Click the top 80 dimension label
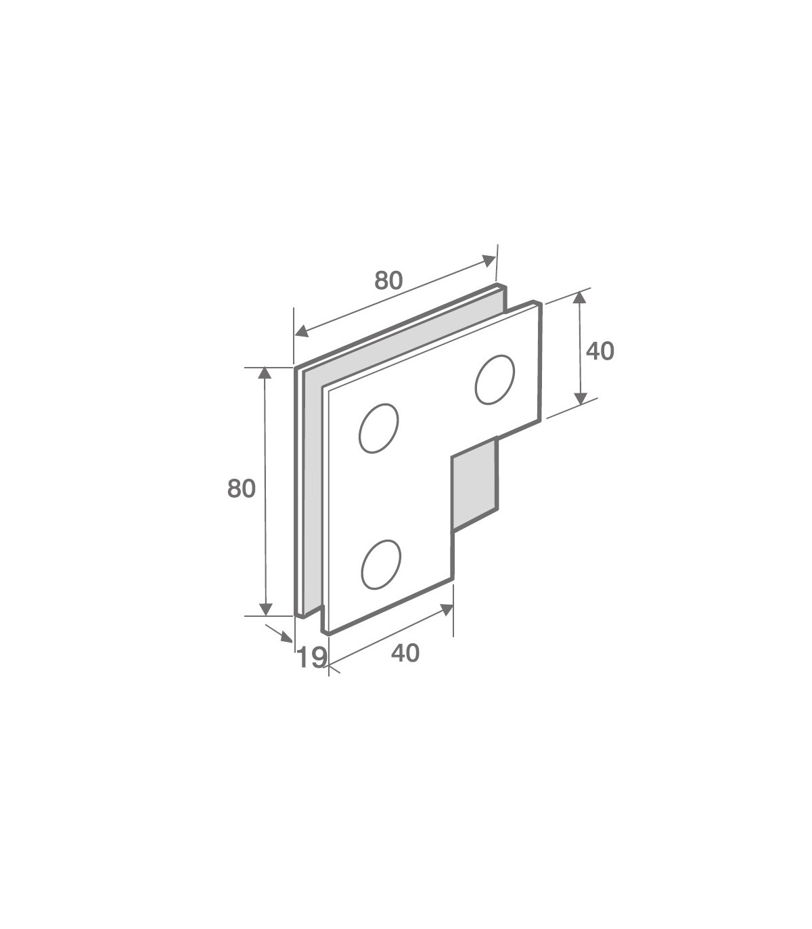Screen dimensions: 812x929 pos(388,280)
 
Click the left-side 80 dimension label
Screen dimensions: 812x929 pos(242,489)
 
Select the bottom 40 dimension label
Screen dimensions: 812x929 pos(405,653)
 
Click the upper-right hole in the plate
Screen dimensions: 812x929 pos(495,380)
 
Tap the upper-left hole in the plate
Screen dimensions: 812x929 pos(378,428)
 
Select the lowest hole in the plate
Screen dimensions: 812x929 pos(381,565)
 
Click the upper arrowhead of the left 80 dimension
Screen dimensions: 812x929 pos(265,373)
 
